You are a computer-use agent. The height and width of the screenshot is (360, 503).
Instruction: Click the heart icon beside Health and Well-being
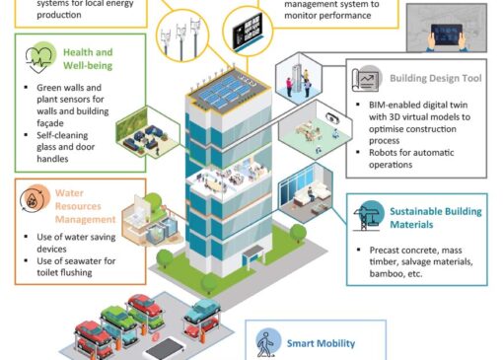[38, 58]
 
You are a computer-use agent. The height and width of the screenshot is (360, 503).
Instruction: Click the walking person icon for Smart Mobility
[268, 343]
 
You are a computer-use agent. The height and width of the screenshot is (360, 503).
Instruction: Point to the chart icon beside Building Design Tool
[367, 79]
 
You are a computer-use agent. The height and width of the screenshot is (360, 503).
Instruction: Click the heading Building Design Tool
[436, 78]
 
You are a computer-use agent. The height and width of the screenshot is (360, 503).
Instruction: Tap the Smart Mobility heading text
[321, 343]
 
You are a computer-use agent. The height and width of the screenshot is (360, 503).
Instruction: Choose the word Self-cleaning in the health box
[62, 135]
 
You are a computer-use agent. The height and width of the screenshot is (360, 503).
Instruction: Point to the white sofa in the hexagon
[312, 194]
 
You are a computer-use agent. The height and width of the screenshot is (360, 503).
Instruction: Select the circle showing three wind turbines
[182, 36]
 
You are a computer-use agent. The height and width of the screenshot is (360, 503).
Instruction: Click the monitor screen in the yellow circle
[248, 31]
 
